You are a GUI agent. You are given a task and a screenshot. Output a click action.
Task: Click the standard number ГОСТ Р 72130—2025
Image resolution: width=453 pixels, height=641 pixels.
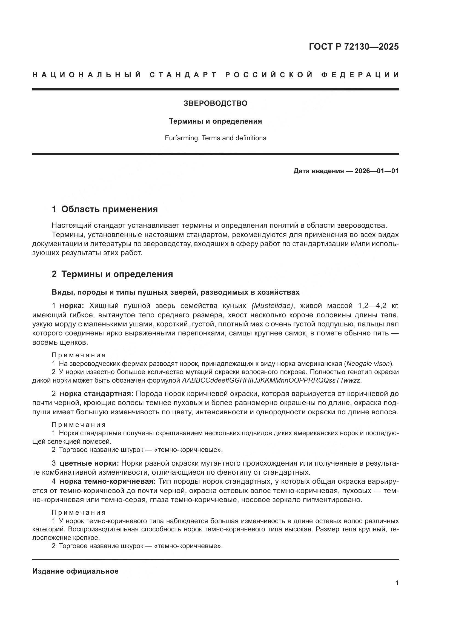pyautogui.click(x=354, y=47)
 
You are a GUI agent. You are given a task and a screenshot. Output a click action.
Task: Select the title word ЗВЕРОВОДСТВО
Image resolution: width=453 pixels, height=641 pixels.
pyautogui.click(x=215, y=103)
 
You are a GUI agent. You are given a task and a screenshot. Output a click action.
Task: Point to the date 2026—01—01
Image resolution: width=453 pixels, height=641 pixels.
pyautogui.click(x=377, y=171)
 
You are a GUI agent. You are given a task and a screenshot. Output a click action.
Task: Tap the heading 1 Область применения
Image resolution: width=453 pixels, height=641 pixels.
pyautogui.click(x=105, y=209)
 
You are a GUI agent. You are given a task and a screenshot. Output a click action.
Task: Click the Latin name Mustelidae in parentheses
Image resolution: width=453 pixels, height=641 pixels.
pyautogui.click(x=273, y=306)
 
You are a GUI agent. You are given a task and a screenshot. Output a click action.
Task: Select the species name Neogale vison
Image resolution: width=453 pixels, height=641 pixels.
pyautogui.click(x=368, y=363)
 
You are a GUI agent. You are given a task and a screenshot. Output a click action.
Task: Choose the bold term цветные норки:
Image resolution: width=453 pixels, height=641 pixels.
pyautogui.click(x=89, y=463)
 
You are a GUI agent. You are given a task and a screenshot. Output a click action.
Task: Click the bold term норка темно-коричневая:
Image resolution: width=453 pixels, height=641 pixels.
pyautogui.click(x=108, y=481)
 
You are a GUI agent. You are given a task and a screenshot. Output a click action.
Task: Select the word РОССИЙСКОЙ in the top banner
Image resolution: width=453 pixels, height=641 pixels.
pyautogui.click(x=269, y=75)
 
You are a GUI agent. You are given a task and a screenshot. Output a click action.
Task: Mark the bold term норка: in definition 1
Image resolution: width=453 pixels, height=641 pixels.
pyautogui.click(x=72, y=306)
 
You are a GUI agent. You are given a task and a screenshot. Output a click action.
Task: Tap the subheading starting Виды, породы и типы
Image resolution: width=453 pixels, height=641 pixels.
pyautogui.click(x=176, y=292)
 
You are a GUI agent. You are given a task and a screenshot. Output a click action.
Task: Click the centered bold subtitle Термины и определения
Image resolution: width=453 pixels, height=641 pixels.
pyautogui.click(x=215, y=121)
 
